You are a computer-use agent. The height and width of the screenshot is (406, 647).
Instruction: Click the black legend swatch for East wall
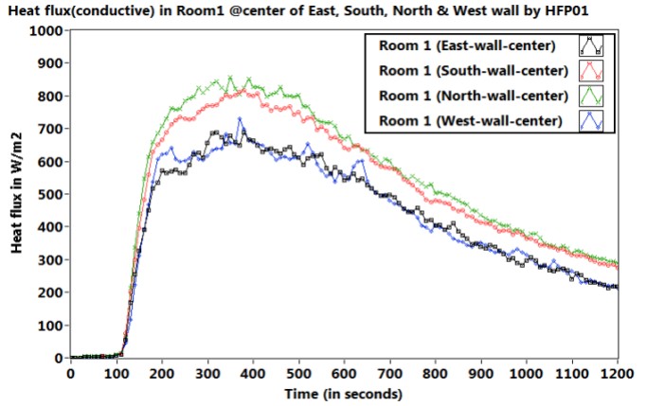[593, 45]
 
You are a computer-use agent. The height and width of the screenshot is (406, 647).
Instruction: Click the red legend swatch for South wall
[593, 70]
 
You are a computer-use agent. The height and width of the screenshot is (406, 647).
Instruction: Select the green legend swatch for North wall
[593, 95]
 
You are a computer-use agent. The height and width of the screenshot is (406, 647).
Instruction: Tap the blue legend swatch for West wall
[593, 119]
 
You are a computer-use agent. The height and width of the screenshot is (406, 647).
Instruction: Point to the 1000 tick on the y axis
[46, 30]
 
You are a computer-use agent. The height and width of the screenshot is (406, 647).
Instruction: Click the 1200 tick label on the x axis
[618, 374]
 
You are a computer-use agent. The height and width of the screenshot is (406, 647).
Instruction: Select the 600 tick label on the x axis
[344, 374]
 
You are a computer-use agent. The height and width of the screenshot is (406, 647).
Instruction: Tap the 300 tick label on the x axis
[207, 374]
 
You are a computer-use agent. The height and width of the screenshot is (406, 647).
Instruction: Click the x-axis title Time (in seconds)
[344, 393]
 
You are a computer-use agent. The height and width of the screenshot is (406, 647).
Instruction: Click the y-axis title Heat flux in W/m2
[17, 194]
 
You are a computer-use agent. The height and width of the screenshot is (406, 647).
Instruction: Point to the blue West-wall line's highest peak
[240, 119]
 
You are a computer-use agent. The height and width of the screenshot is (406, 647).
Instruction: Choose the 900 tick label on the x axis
[481, 374]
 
